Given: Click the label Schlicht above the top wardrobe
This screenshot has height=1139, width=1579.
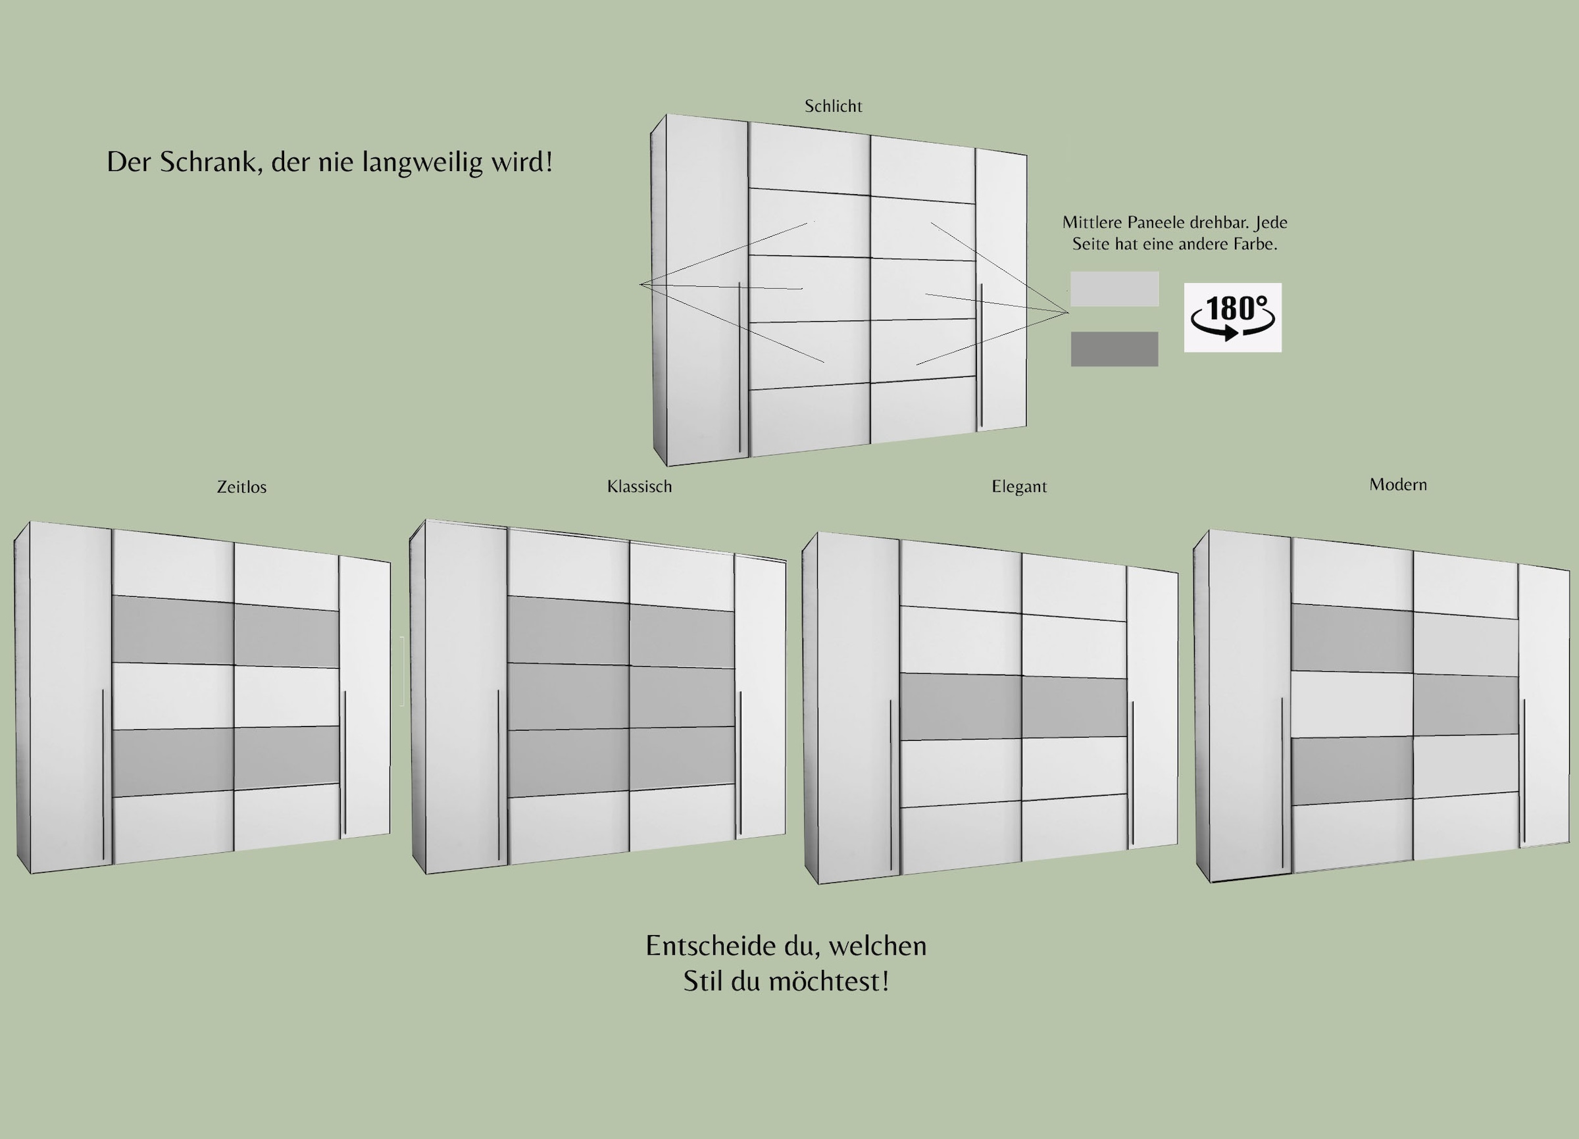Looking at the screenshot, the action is tap(834, 107).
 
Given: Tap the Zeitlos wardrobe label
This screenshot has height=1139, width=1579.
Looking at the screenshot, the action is tap(241, 488).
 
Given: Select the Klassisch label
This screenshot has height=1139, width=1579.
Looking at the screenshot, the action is tap(639, 487).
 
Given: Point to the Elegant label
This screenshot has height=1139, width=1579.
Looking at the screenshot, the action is tap(1019, 487).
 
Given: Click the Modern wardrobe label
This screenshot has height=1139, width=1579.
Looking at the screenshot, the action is tap(1398, 484).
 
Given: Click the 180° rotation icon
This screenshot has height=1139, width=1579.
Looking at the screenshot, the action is tap(1233, 317).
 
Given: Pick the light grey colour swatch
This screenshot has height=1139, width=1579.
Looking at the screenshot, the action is tap(1115, 289).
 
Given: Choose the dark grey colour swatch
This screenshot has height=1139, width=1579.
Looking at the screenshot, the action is tap(1115, 349).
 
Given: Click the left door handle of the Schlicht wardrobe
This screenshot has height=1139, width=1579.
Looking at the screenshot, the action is tap(739, 367).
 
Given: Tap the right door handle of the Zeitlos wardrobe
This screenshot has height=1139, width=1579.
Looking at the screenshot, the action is tap(345, 764).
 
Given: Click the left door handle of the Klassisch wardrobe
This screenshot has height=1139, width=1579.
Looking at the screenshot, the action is tap(499, 775).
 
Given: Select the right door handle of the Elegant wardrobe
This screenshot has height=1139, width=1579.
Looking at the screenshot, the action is tap(1133, 774).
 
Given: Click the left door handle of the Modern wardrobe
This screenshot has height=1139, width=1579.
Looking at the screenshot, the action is tap(1282, 784).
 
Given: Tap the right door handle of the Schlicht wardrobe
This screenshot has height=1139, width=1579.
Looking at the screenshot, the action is tap(982, 356).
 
